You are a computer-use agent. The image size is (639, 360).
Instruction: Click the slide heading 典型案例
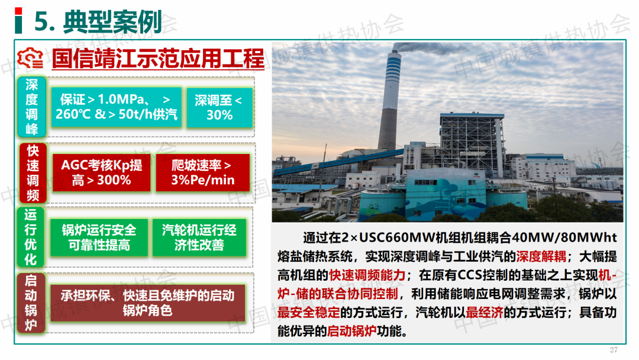pyautogui.click(x=112, y=21)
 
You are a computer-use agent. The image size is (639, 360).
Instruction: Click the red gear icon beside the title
pyautogui.click(x=30, y=58)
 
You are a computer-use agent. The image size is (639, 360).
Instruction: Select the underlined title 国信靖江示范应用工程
pyautogui.click(x=158, y=59)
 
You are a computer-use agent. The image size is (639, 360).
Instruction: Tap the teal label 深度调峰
pyautogui.click(x=32, y=107)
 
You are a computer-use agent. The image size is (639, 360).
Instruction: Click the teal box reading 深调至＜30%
pyautogui.click(x=220, y=108)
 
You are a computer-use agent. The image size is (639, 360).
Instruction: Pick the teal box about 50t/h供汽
pyautogui.click(x=117, y=107)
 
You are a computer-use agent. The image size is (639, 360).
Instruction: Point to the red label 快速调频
pyautogui.click(x=33, y=173)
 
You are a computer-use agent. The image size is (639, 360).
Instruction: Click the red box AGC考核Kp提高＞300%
pyautogui.click(x=102, y=172)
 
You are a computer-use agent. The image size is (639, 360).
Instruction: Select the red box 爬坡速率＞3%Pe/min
pyautogui.click(x=202, y=172)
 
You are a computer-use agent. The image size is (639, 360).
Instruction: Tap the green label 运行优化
pyautogui.click(x=31, y=237)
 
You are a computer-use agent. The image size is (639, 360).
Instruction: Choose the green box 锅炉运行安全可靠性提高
pyautogui.click(x=99, y=237)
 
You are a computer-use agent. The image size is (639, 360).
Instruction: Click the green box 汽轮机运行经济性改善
pyautogui.click(x=199, y=237)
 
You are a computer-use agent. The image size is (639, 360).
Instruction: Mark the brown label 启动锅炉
pyautogui.click(x=31, y=303)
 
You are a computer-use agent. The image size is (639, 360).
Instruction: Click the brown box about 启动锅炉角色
pyautogui.click(x=147, y=303)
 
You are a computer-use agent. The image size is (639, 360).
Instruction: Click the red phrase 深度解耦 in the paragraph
pyautogui.click(x=541, y=256)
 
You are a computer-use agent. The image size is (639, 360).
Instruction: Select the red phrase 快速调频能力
pyautogui.click(x=367, y=275)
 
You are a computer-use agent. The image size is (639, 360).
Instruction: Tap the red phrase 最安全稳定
pyautogui.click(x=309, y=313)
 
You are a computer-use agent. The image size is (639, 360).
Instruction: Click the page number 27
pyautogui.click(x=614, y=350)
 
